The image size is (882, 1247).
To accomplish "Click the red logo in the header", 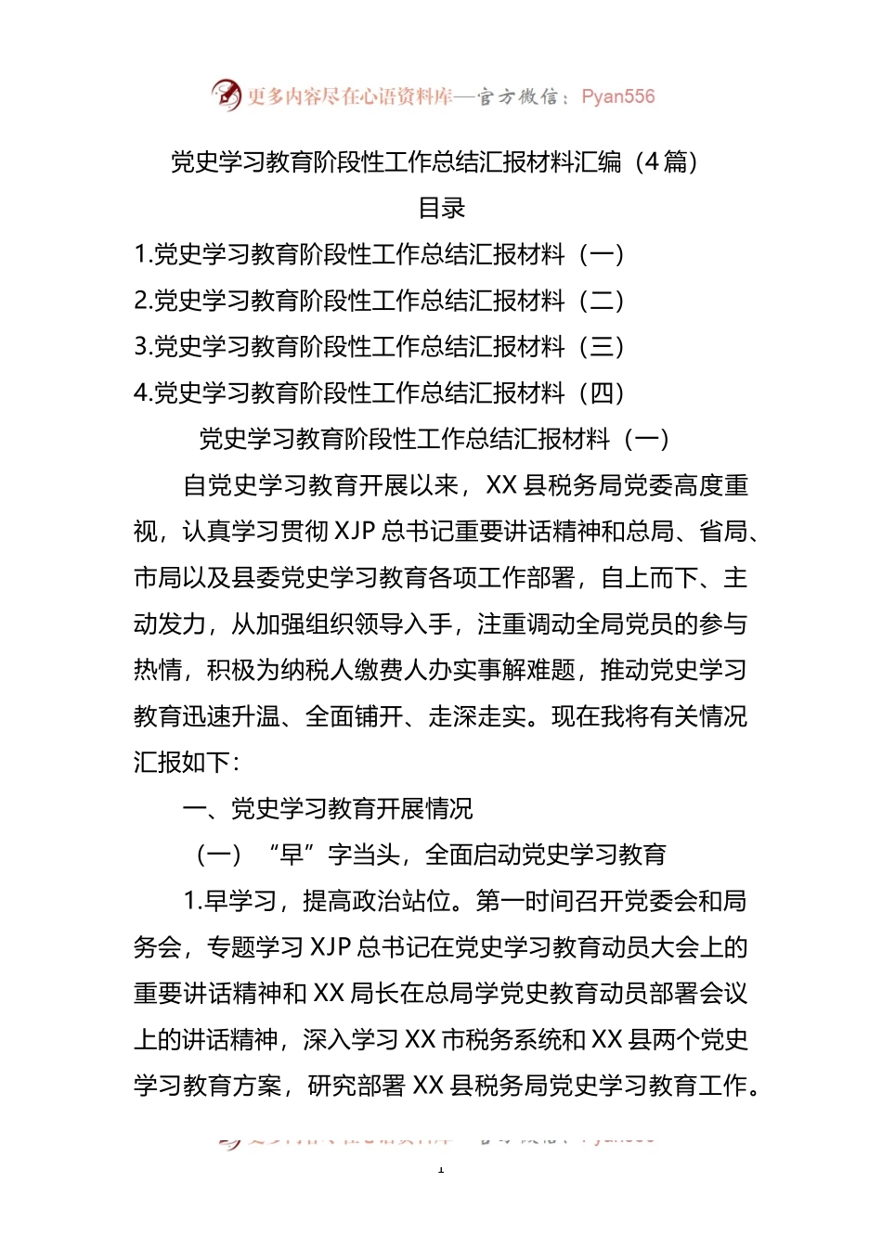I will coord(226,95).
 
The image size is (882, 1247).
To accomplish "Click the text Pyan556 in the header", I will coord(617,96).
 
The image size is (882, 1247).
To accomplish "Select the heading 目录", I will coord(441,208).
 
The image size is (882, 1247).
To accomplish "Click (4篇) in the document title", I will coord(665,161).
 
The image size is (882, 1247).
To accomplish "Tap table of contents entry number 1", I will coord(379,254).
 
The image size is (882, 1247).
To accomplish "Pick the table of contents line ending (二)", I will coord(379,301).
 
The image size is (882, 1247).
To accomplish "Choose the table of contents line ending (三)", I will coord(379,347).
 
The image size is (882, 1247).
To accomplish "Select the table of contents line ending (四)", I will coord(379,393).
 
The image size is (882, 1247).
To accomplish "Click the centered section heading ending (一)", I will coord(435,439).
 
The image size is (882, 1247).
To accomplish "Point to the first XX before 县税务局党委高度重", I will coord(501,485).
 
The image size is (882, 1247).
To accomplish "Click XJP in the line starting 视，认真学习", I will coord(354,532).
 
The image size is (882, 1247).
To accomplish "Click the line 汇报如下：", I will coord(187,763).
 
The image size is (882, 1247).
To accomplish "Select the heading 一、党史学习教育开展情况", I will coord(328,809).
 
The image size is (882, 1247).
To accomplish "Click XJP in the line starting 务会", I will coord(330,947).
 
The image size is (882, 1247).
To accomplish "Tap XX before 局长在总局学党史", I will coord(329,994).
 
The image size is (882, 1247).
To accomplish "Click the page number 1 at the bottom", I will coord(441,1169).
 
